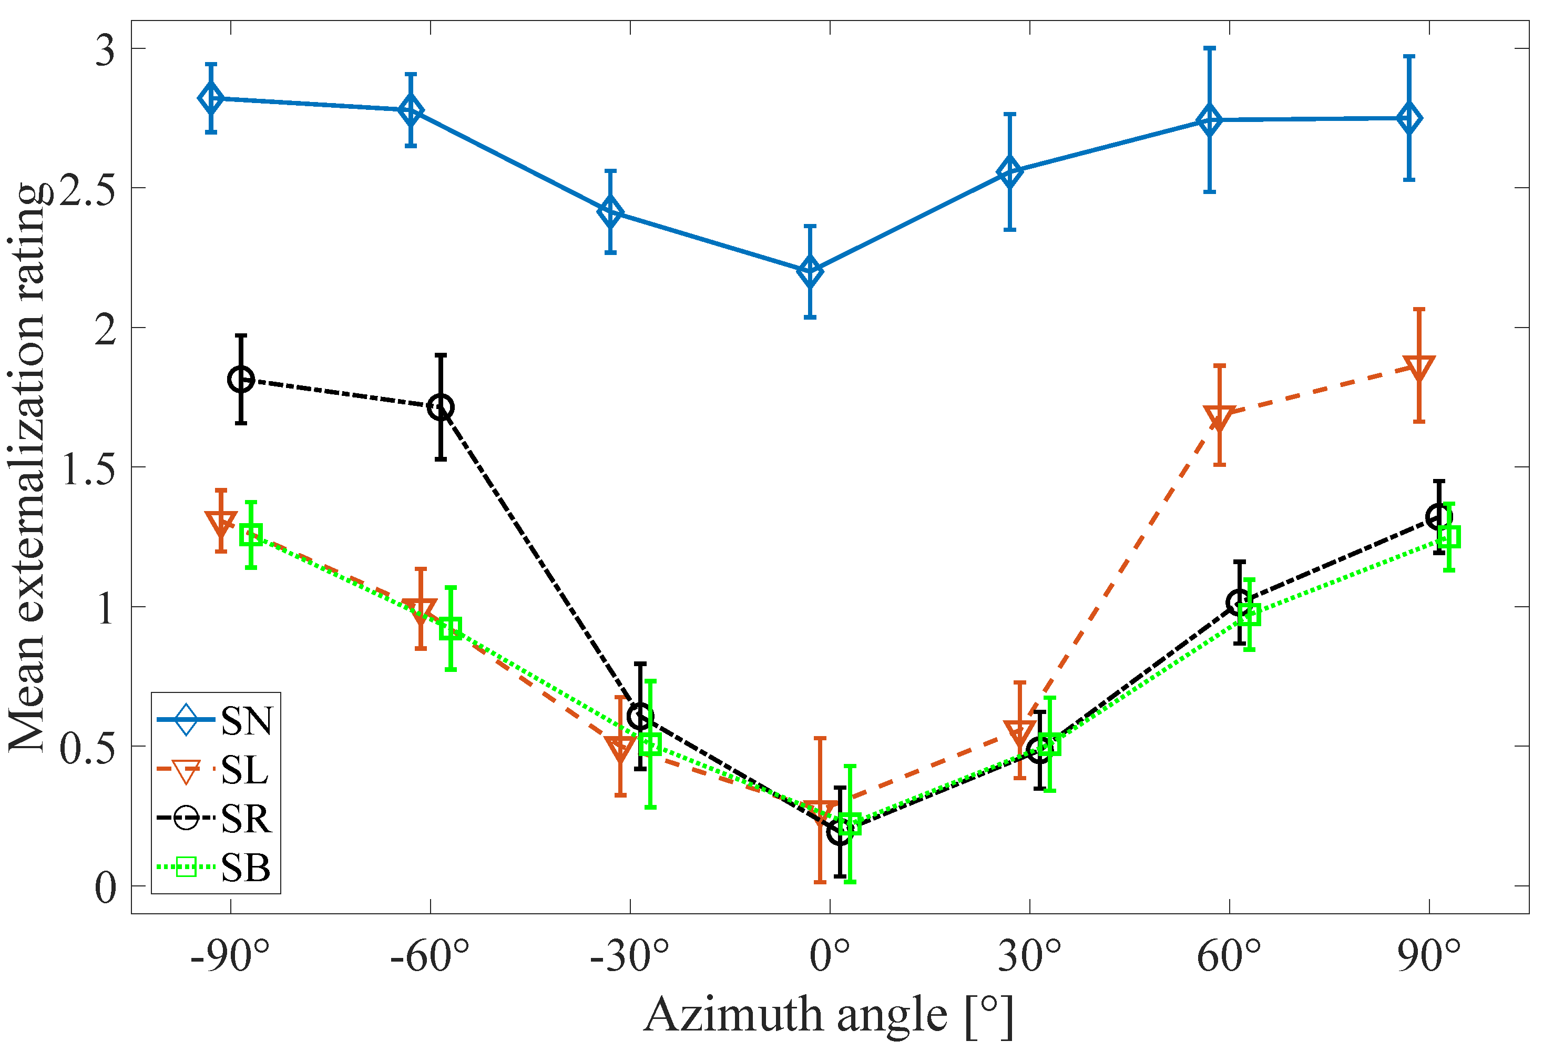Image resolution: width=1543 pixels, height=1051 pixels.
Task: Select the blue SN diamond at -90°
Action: pyautogui.click(x=211, y=98)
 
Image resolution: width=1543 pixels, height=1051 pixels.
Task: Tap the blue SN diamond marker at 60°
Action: pyautogui.click(x=1210, y=120)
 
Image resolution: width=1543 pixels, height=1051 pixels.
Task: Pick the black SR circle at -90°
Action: pyautogui.click(x=241, y=380)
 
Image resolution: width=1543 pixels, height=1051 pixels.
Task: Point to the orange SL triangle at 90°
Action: pyautogui.click(x=1419, y=367)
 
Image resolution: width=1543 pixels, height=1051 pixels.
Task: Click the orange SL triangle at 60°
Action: pyautogui.click(x=1219, y=417)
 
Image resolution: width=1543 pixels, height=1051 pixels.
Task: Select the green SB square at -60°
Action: pyautogui.click(x=451, y=628)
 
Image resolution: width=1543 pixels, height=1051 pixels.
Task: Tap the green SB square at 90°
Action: pyautogui.click(x=1449, y=536)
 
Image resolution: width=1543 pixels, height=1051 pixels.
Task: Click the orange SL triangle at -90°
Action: pyautogui.click(x=221, y=523)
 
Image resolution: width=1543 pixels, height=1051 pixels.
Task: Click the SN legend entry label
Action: pyautogui.click(x=247, y=720)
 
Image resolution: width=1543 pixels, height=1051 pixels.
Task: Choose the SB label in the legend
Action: pyautogui.click(x=246, y=867)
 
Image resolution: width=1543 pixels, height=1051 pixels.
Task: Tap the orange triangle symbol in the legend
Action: pyautogui.click(x=187, y=770)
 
